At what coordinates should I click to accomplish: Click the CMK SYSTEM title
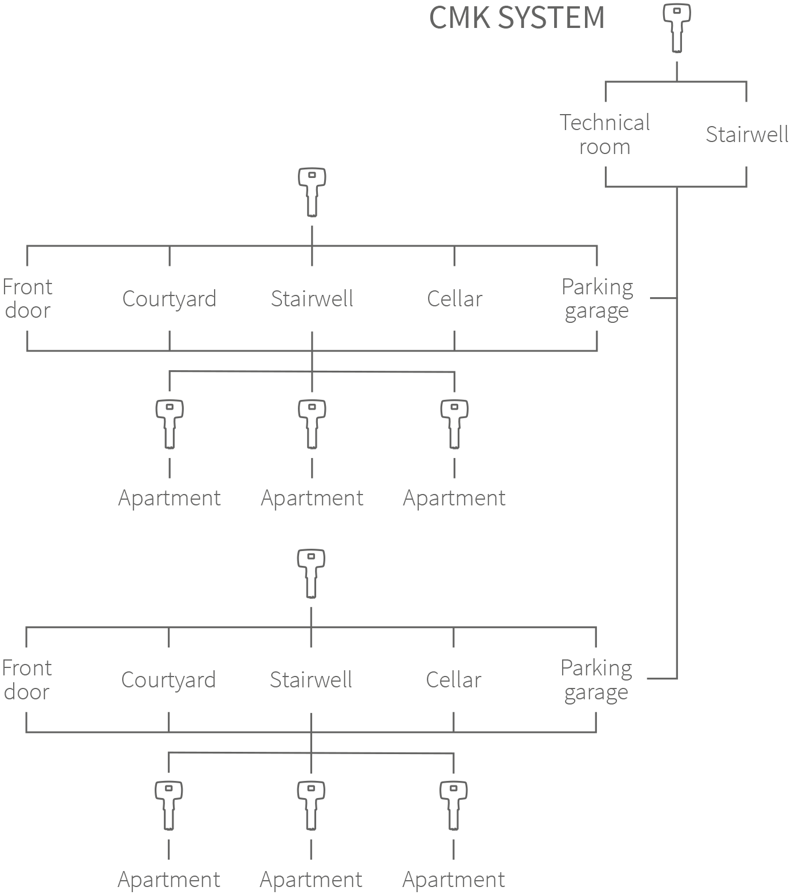pyautogui.click(x=516, y=18)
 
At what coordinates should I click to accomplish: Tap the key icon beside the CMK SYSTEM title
pyautogui.click(x=677, y=27)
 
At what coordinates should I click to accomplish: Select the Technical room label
pyautogui.click(x=605, y=135)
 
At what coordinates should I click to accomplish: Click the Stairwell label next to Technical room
pyautogui.click(x=747, y=135)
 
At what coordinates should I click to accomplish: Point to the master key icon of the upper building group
pyautogui.click(x=312, y=192)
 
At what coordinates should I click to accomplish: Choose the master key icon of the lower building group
pyautogui.click(x=312, y=573)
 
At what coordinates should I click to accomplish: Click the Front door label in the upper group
pyautogui.click(x=27, y=298)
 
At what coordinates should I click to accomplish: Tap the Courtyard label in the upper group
pyautogui.click(x=169, y=299)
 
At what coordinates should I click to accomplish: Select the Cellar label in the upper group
pyautogui.click(x=454, y=299)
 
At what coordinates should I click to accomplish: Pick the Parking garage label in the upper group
pyautogui.click(x=597, y=298)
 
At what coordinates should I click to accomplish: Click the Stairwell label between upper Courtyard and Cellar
pyautogui.click(x=312, y=299)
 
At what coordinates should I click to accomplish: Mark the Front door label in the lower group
pyautogui.click(x=26, y=679)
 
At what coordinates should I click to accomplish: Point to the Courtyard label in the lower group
pyautogui.click(x=169, y=680)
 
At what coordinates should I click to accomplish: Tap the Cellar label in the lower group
pyautogui.click(x=454, y=680)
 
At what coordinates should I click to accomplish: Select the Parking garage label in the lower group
pyautogui.click(x=596, y=679)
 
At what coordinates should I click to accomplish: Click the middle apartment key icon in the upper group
pyautogui.click(x=312, y=424)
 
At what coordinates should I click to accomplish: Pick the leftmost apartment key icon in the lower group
pyautogui.click(x=169, y=805)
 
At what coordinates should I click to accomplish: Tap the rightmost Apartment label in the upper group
pyautogui.click(x=454, y=498)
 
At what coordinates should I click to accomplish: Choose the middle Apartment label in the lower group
pyautogui.click(x=311, y=880)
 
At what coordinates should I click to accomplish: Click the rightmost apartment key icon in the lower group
pyautogui.click(x=454, y=805)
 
